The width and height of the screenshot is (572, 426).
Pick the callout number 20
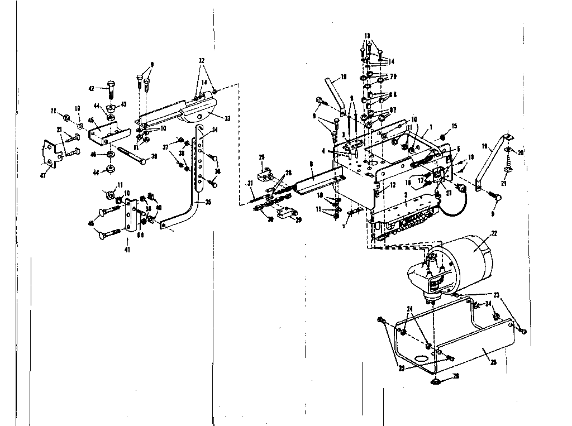tap(522, 153)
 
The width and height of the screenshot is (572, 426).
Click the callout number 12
tap(393, 185)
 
